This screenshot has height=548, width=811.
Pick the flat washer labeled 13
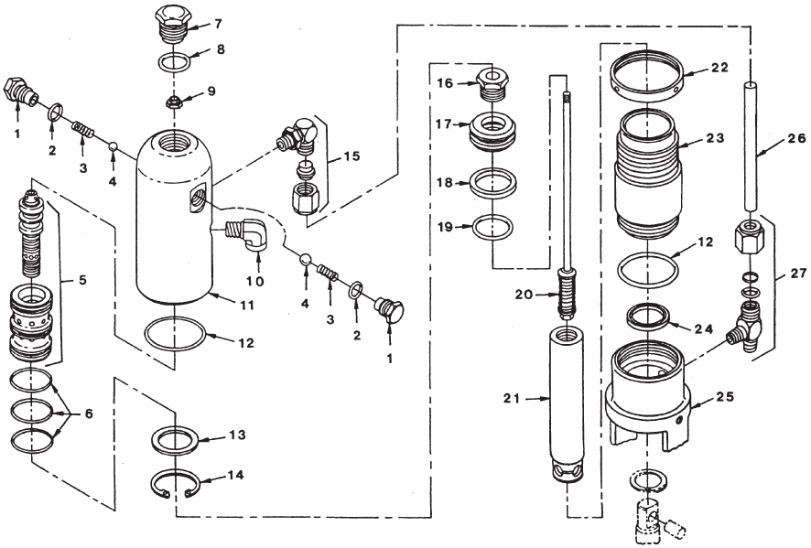click(176, 440)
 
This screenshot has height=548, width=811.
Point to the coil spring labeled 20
click(568, 295)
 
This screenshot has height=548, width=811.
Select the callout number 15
click(349, 157)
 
